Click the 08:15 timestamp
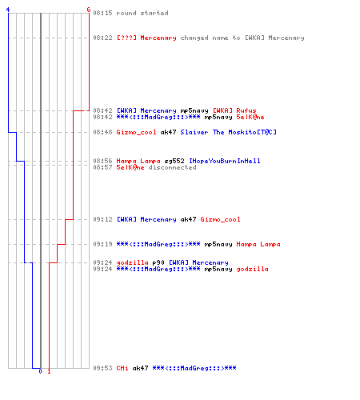[102, 13]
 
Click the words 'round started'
[142, 13]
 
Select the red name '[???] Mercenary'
[146, 38]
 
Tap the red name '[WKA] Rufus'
[234, 110]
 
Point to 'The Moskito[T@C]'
[245, 132]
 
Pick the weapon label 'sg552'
[174, 161]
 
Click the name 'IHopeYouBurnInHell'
[225, 161]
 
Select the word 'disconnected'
[172, 167]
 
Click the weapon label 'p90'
[158, 262]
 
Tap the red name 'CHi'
[122, 368]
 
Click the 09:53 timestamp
[102, 368]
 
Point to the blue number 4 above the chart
[8, 10]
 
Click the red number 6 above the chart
[89, 10]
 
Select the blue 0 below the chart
[40, 371]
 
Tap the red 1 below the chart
[49, 371]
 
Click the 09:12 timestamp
[102, 219]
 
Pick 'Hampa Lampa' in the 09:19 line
[258, 244]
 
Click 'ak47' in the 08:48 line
[168, 132]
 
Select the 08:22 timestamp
[102, 38]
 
